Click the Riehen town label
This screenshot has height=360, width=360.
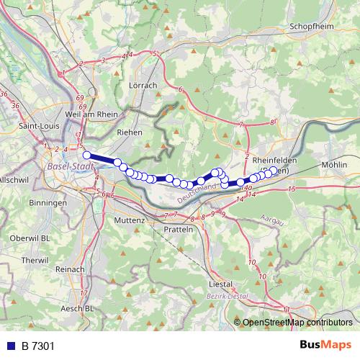coord(130,133)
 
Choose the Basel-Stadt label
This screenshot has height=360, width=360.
coord(70,167)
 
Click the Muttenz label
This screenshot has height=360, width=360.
coord(135,220)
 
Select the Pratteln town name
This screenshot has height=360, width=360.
coord(179,229)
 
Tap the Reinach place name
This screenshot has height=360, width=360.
coord(71,269)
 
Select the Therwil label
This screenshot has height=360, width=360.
coord(35,260)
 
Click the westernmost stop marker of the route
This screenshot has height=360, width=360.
coord(86,155)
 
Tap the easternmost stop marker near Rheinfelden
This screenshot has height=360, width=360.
coord(273,171)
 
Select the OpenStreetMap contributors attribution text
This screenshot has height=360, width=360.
coord(297,323)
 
